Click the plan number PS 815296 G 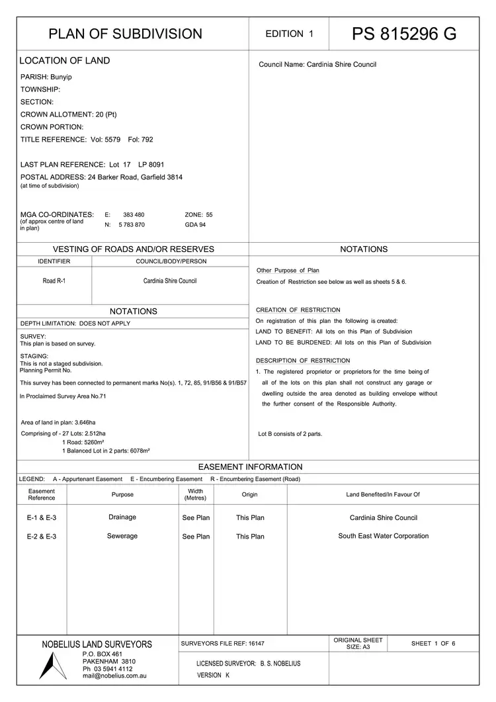tap(403, 34)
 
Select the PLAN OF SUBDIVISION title tap(126, 34)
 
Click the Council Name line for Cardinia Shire tap(317, 65)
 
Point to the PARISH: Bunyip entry tap(46, 77)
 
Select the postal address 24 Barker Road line tap(102, 177)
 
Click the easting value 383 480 tap(134, 215)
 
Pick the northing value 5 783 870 tap(132, 225)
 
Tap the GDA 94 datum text tap(196, 225)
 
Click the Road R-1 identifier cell tap(54, 281)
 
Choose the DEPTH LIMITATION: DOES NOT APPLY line tap(75, 324)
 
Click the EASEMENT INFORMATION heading tap(250, 466)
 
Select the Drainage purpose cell tap(122, 517)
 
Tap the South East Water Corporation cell tap(383, 536)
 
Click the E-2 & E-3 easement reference tap(42, 537)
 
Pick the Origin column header tap(250, 494)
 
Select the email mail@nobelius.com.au tap(114, 676)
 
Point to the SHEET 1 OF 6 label tap(433, 643)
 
